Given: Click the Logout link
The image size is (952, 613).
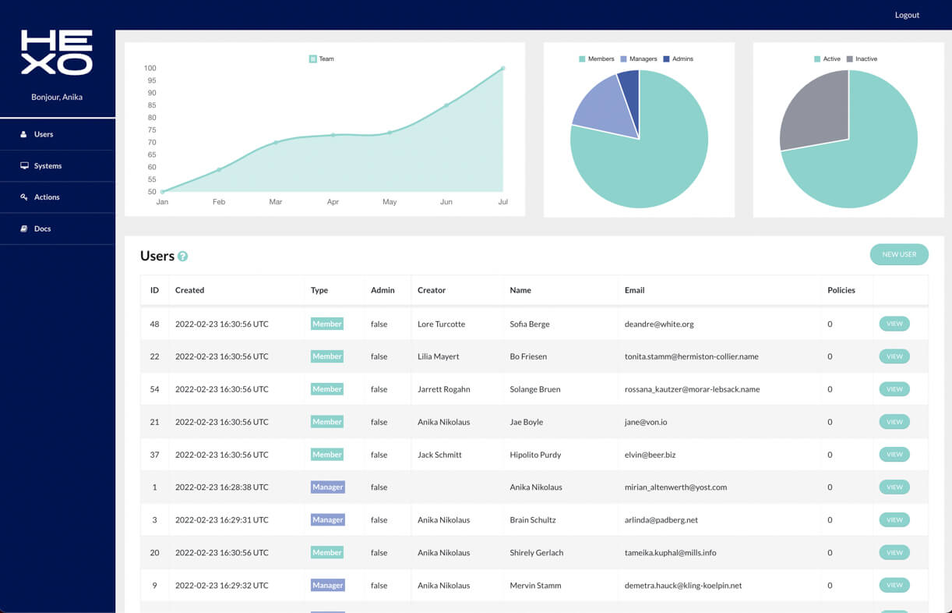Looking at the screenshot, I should point(907,15).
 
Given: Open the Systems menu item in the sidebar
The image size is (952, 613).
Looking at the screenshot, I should point(48,166).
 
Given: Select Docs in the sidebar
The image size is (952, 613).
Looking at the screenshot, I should point(42,229).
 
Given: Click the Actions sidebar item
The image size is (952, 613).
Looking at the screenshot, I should point(46,197).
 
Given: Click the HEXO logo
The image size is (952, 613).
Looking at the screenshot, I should point(57,52).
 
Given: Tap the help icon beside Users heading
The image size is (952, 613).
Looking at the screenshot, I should point(183,257).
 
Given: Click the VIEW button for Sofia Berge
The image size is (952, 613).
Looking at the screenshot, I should point(894,324).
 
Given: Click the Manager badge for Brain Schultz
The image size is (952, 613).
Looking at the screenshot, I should point(327,519).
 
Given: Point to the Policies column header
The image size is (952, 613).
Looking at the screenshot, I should point(841,290).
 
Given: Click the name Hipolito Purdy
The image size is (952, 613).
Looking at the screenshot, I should point(535,455).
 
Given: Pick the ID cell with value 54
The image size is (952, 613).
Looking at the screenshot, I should point(154,389).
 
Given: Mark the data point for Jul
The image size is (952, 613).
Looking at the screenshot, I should point(502,69).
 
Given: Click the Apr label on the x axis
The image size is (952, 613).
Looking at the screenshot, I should point(333,202).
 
